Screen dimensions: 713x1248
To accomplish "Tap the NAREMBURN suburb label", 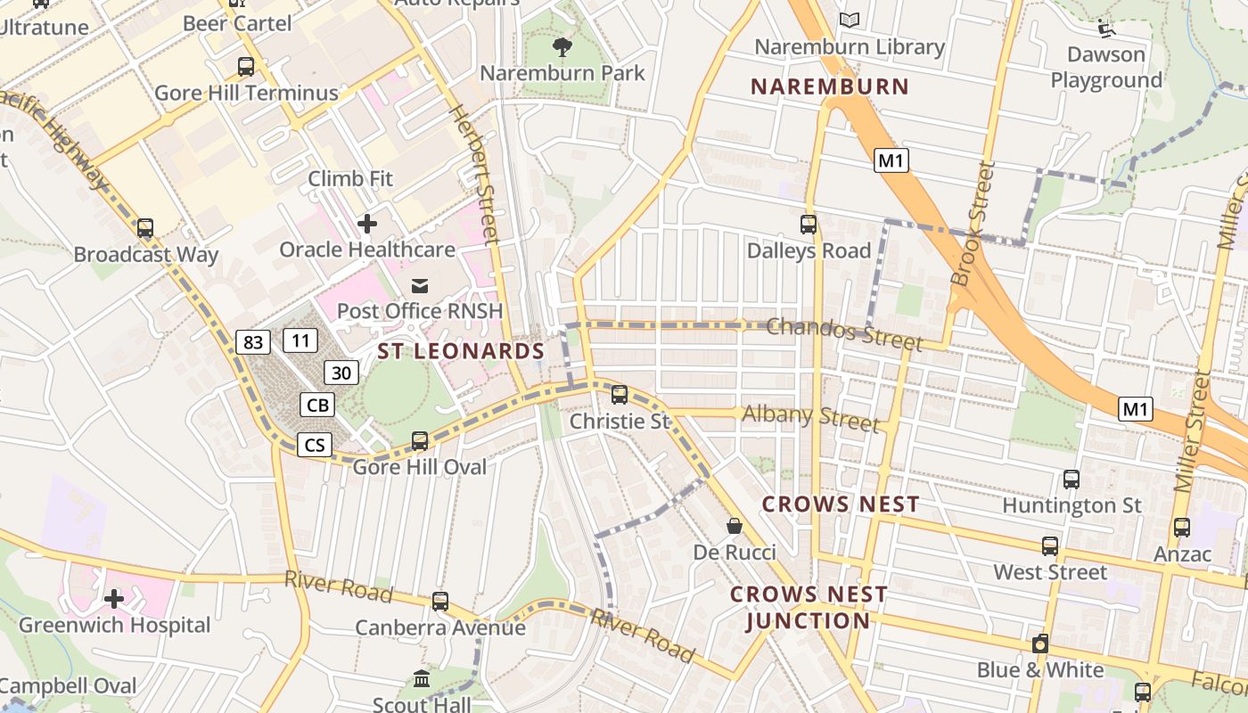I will pos(829,87).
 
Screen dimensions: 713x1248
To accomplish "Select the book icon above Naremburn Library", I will pos(850,20).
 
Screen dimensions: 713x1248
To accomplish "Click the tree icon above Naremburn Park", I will pos(562,45).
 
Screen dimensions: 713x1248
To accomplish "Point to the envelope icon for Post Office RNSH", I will pos(419,285).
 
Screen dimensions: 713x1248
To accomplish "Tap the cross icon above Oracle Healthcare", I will pos(366,223).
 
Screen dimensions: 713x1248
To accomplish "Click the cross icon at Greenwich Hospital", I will pos(114,599).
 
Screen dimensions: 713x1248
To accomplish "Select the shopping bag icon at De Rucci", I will pos(735,526).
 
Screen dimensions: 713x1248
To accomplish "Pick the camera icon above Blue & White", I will pos(1039,643).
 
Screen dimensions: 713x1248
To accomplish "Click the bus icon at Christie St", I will pos(619,394).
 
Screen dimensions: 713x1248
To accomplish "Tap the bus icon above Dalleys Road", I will pos(809,225).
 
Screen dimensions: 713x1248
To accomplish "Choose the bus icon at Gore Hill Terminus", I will pos(246,67).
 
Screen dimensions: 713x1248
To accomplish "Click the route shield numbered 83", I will pos(253,341).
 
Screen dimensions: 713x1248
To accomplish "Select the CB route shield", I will pos(317,405).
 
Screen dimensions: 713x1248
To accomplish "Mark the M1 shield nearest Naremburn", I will pos(891,160).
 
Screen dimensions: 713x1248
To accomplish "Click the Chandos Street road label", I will pos(843,333).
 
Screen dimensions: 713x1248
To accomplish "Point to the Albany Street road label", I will pos(810,416).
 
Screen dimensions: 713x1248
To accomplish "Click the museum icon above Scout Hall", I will pos(422,679).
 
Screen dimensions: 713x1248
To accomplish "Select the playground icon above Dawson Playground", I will pos(1106,29).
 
